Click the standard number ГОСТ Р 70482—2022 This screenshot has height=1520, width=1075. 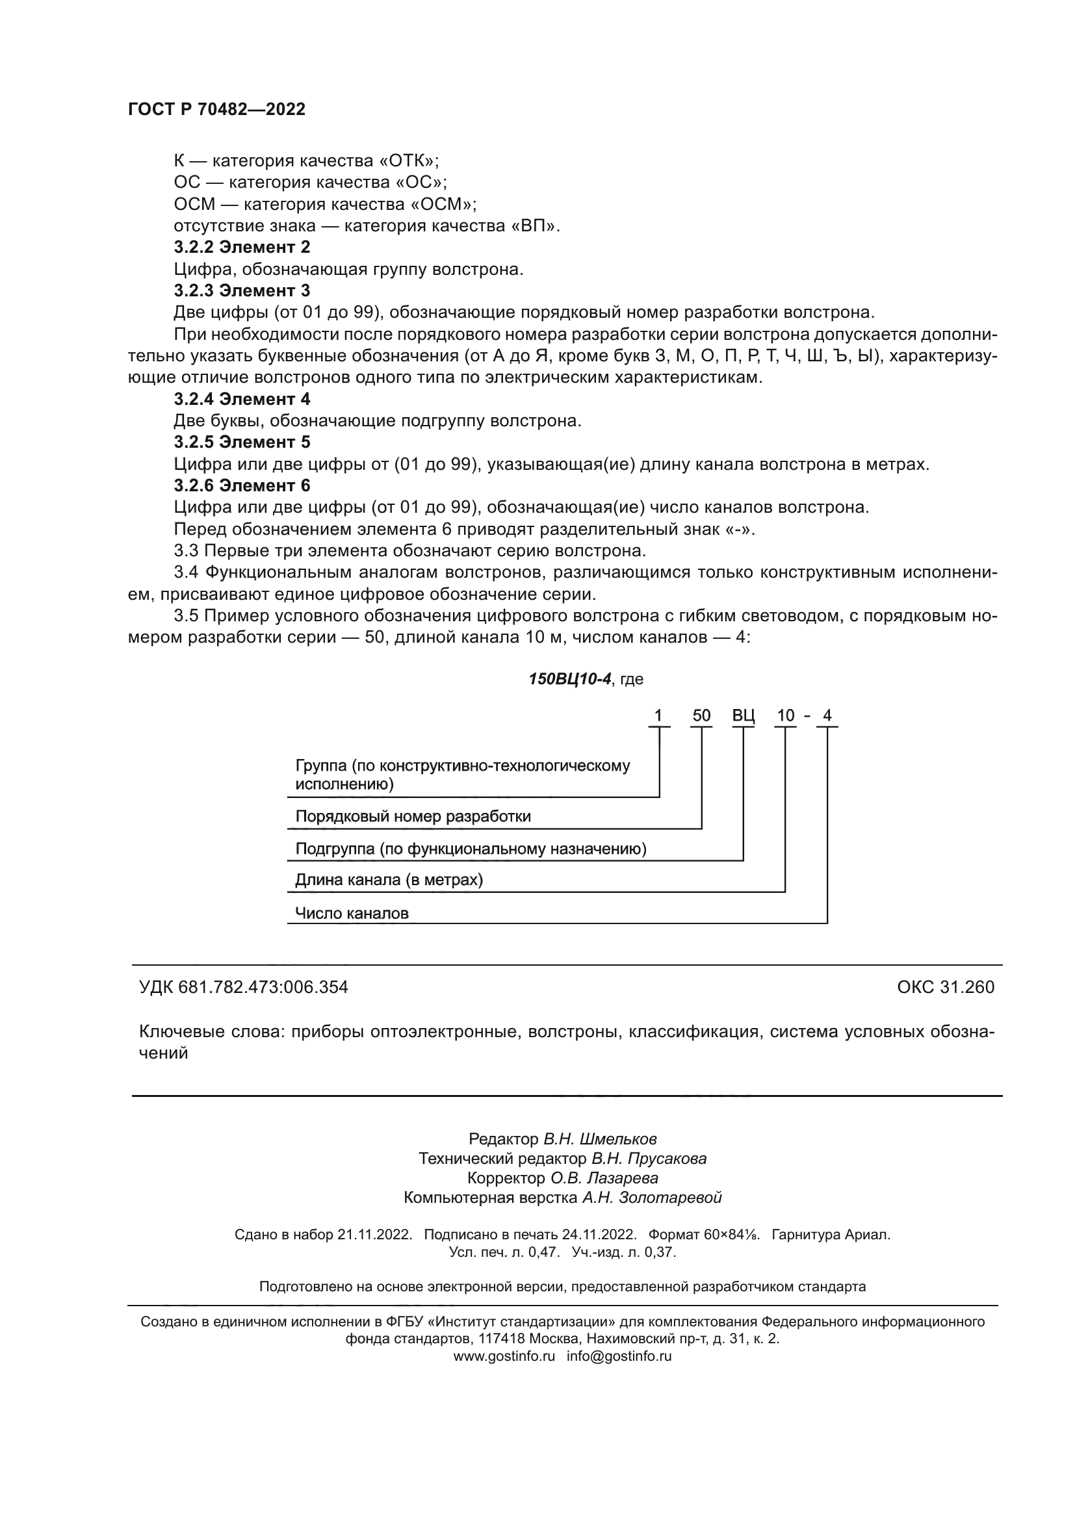pyautogui.click(x=216, y=110)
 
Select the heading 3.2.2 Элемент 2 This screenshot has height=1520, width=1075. pyautogui.click(x=242, y=248)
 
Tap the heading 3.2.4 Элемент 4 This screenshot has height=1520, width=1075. pyautogui.click(x=242, y=399)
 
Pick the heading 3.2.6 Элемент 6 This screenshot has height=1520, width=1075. pyautogui.click(x=242, y=485)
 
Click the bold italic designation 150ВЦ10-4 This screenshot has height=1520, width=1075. pyautogui.click(x=569, y=679)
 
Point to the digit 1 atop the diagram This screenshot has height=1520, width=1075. pyautogui.click(x=658, y=715)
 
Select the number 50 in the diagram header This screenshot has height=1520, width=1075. pyautogui.click(x=701, y=715)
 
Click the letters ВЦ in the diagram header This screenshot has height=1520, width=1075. pyautogui.click(x=744, y=715)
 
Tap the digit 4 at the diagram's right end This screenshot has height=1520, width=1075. pyautogui.click(x=827, y=715)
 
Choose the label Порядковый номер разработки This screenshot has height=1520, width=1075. pyautogui.click(x=413, y=816)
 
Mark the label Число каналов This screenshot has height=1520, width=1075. pyautogui.click(x=352, y=914)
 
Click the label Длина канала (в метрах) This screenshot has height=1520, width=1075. pyautogui.click(x=389, y=880)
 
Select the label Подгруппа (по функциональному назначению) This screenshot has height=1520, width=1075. pyautogui.click(x=471, y=849)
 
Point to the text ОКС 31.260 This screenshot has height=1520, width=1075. pyautogui.click(x=945, y=987)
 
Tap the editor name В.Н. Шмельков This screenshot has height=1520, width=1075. pyautogui.click(x=600, y=1139)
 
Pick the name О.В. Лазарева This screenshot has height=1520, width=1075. pyautogui.click(x=604, y=1178)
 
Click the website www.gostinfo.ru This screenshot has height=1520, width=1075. pyautogui.click(x=504, y=1356)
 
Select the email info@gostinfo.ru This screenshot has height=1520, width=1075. pyautogui.click(x=619, y=1356)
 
